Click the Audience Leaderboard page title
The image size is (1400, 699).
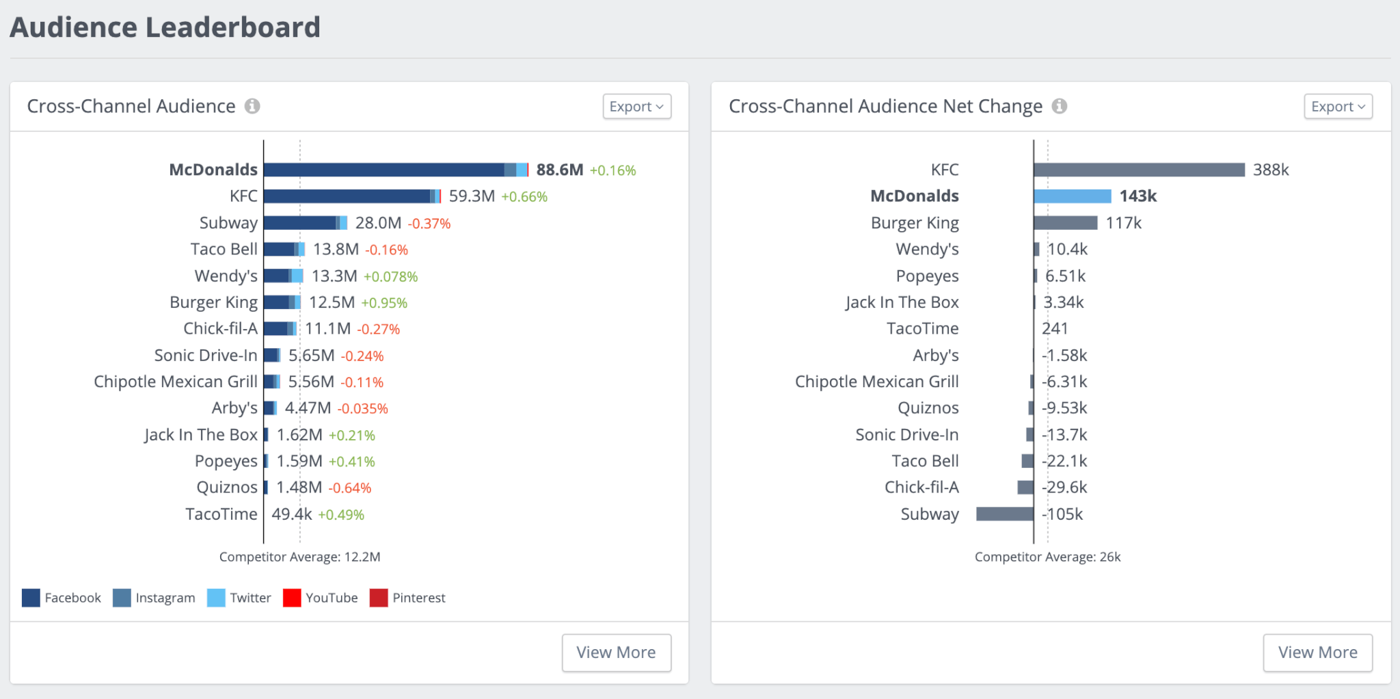coord(165,27)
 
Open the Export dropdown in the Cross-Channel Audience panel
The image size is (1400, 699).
coord(636,107)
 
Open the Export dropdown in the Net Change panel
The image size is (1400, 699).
coord(1338,107)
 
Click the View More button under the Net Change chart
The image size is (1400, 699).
coord(1317,652)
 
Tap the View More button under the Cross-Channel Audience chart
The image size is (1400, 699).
coord(616,652)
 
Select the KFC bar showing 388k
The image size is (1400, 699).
coord(1139,170)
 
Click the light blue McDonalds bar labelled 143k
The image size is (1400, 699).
coord(1073,196)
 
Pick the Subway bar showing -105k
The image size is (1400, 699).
coord(1005,514)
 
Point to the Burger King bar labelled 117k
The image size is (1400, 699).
coord(1066,223)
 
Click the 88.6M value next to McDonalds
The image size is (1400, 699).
coord(559,170)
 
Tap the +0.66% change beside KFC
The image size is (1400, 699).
coord(524,197)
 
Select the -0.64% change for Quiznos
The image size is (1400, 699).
coord(350,488)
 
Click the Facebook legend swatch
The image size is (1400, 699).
coord(31,598)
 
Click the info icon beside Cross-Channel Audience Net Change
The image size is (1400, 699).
coord(1060,106)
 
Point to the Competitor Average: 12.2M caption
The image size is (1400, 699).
coord(299,557)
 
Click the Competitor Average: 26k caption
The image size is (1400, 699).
coord(1047,557)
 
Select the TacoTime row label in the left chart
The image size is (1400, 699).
coord(221,514)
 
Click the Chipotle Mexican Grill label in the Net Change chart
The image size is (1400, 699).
coord(876,382)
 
